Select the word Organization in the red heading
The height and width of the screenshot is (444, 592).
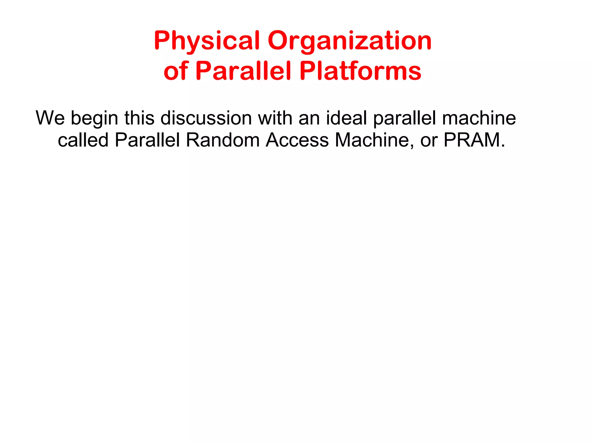coord(350,41)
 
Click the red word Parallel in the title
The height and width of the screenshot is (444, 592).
coord(243,71)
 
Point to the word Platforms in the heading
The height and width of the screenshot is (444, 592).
coord(360,71)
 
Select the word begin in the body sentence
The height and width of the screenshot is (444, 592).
coord(95,119)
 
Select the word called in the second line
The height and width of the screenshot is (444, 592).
coord(83,140)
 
